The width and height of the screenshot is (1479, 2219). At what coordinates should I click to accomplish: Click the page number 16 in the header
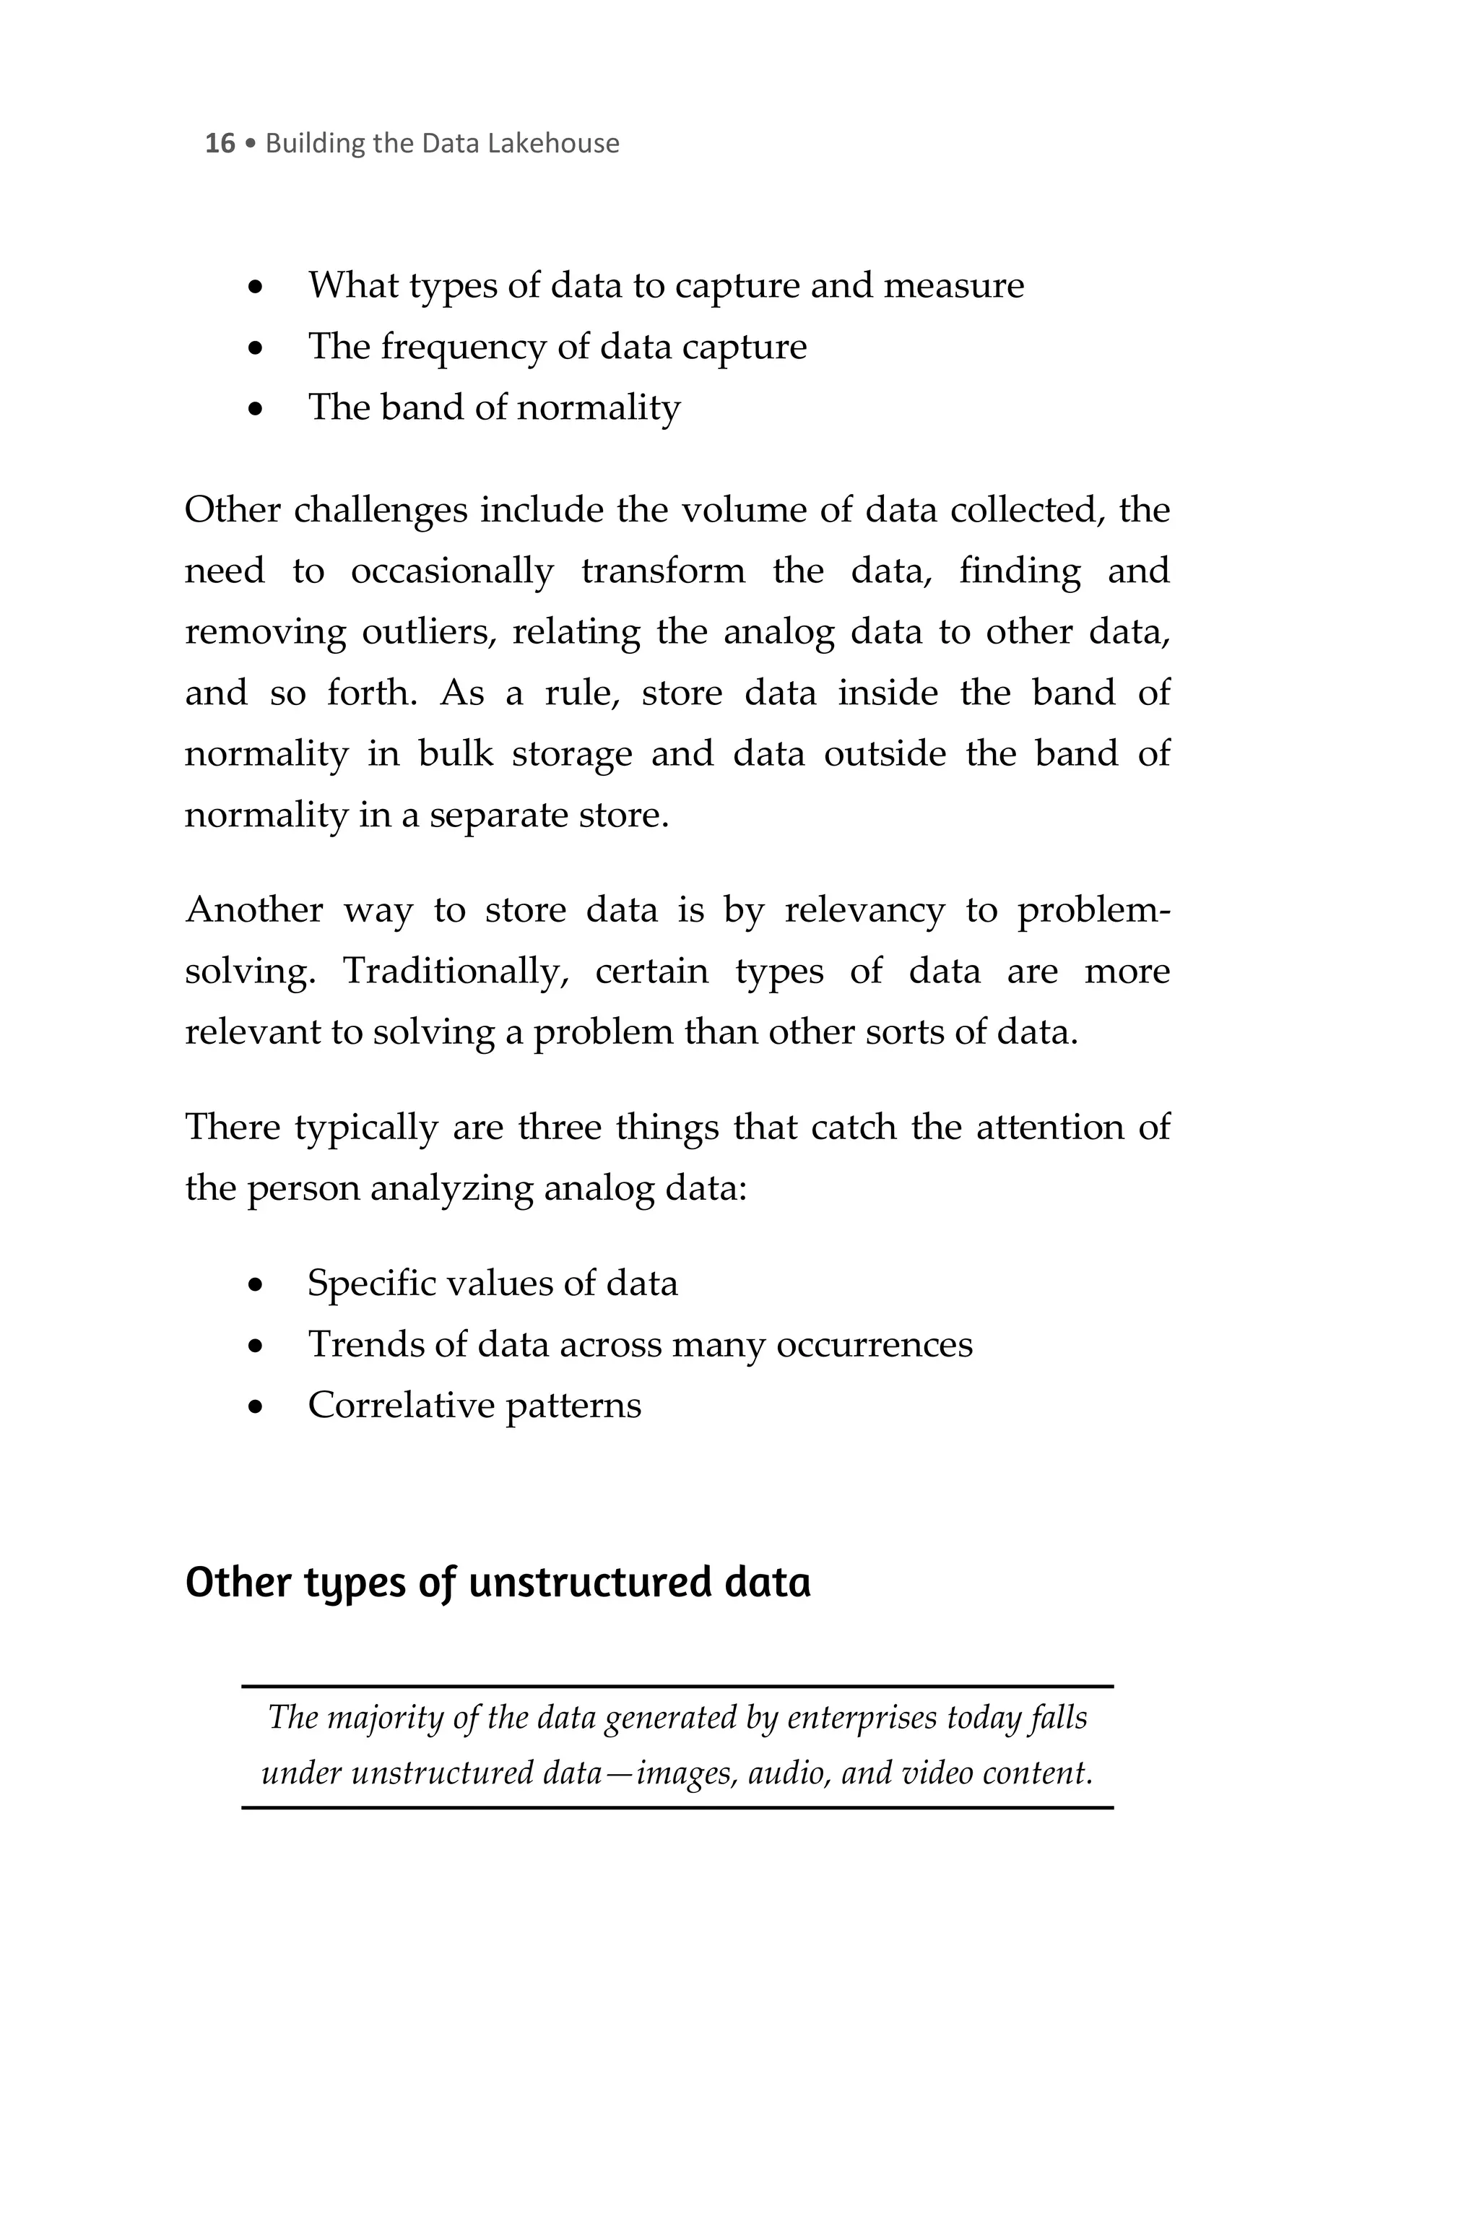click(219, 144)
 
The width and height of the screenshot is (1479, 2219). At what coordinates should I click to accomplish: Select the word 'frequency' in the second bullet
click(463, 348)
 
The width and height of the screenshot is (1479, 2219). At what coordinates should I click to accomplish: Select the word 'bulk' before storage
click(456, 754)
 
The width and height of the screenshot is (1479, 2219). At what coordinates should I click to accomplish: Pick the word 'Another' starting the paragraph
click(253, 910)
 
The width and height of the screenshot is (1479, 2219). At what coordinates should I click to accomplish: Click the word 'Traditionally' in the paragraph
click(454, 972)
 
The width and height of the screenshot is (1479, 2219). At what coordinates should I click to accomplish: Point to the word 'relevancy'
click(864, 910)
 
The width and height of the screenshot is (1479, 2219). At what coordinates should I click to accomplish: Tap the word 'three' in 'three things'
click(560, 1128)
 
